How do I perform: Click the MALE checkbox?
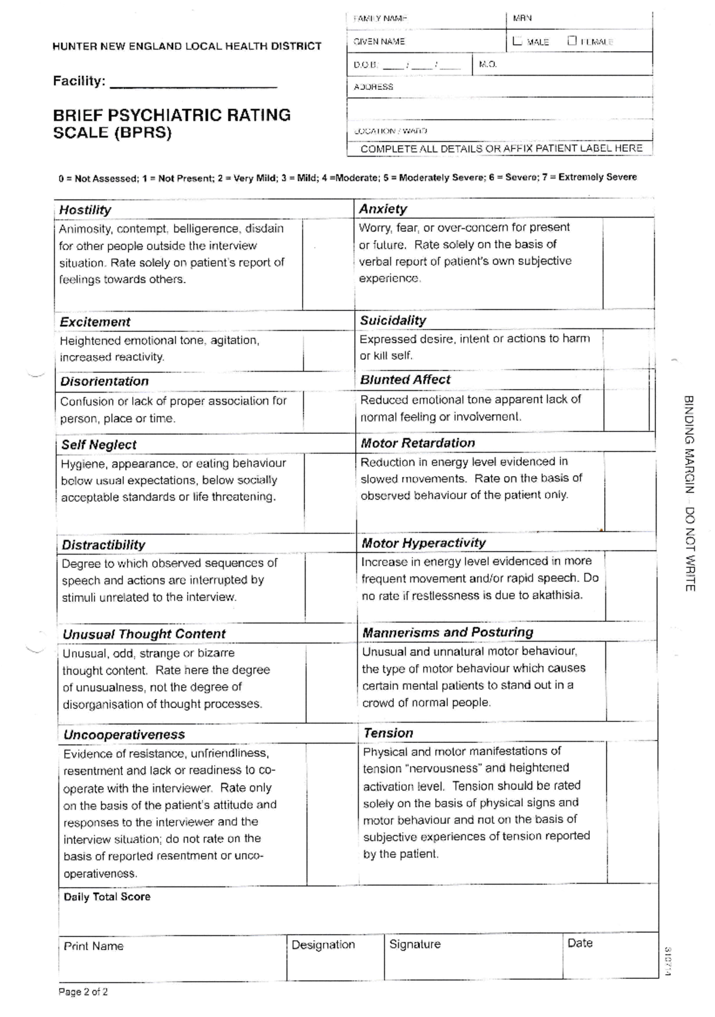[x=517, y=41]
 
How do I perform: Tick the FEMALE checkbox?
[x=572, y=41]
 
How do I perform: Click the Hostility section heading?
[x=85, y=210]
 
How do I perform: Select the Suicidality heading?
[x=393, y=321]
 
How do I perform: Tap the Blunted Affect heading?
[x=405, y=380]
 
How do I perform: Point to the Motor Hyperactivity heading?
[x=424, y=543]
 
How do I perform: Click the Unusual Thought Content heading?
[x=144, y=634]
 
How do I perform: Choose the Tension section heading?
[x=388, y=733]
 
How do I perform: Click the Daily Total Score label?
[x=107, y=897]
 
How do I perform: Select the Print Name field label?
[x=94, y=946]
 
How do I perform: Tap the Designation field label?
[x=323, y=945]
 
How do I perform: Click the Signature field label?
[x=415, y=944]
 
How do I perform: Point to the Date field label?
[x=580, y=943]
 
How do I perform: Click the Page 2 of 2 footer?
[x=83, y=992]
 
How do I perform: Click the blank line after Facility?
[x=194, y=83]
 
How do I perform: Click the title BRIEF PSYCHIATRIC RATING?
[x=172, y=115]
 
